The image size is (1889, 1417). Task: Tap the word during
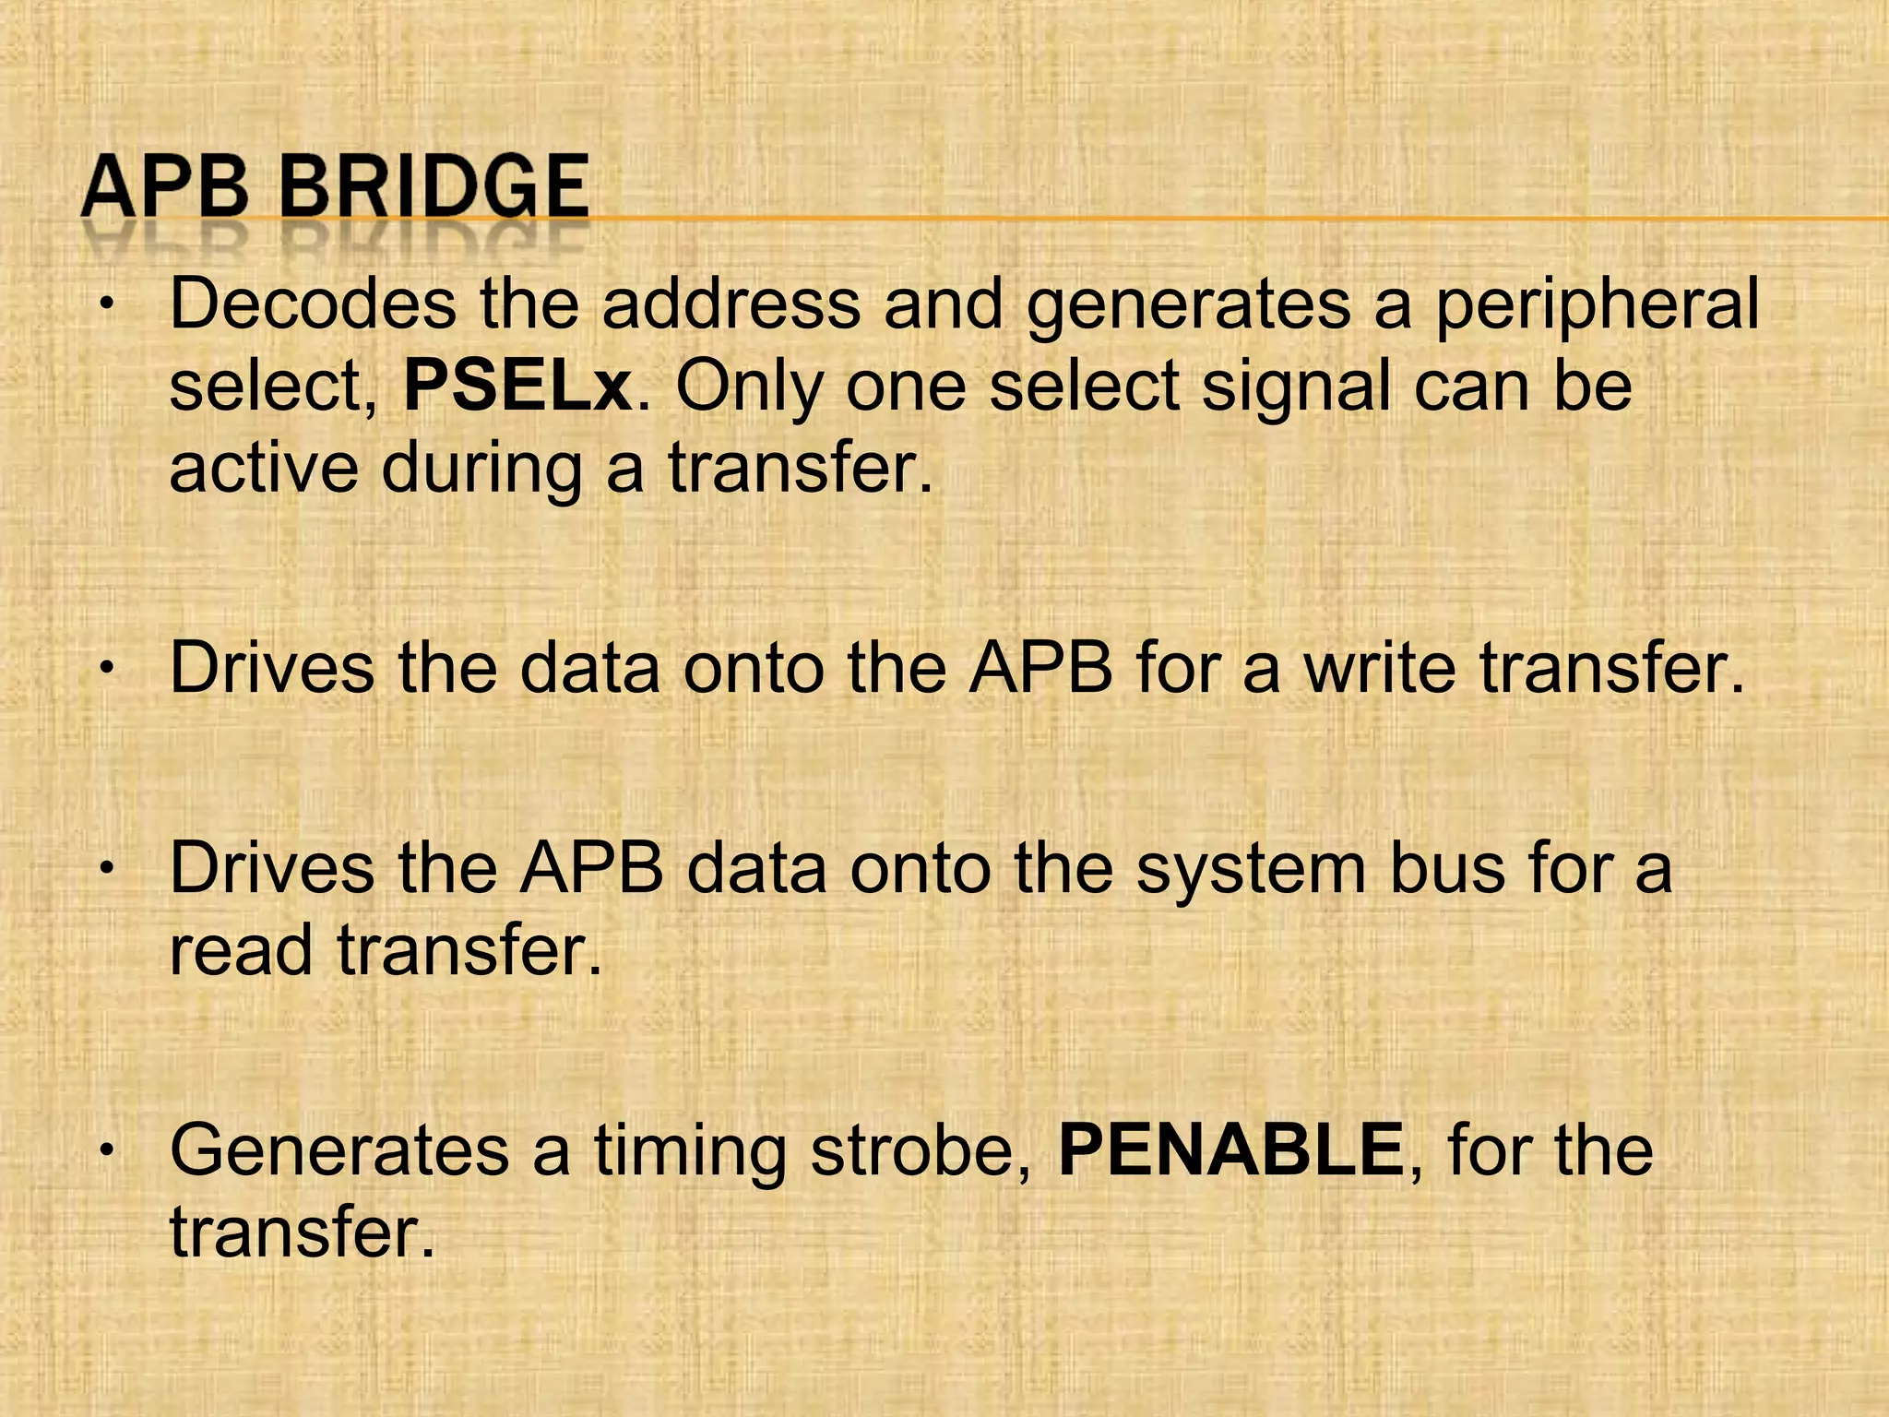tap(481, 468)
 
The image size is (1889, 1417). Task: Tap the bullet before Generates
tap(108, 1150)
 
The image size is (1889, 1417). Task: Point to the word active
tap(264, 468)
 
